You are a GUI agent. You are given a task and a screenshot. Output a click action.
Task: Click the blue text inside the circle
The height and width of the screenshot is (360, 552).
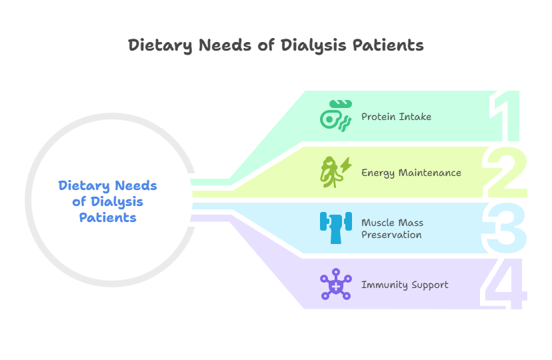click(107, 201)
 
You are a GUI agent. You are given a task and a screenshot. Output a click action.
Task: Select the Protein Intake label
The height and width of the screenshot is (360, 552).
click(396, 117)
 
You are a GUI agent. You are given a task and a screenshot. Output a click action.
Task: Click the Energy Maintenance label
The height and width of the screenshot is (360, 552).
click(411, 173)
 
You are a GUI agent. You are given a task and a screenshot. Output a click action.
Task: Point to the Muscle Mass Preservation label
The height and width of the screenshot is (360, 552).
click(392, 229)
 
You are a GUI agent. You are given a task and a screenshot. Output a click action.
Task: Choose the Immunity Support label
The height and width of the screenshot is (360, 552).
click(405, 285)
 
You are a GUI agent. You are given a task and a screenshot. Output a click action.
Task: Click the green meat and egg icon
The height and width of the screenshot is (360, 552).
click(335, 116)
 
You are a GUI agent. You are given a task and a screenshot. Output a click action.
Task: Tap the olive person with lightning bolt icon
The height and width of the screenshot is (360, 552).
click(335, 172)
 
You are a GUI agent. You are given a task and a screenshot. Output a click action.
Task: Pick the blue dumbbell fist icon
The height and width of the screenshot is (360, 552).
click(335, 228)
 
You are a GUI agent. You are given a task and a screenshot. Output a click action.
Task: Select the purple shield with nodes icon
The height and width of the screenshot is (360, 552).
click(335, 285)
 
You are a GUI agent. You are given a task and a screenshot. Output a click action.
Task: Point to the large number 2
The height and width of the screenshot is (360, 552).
click(505, 173)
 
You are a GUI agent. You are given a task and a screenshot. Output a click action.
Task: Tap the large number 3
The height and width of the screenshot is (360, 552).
click(505, 229)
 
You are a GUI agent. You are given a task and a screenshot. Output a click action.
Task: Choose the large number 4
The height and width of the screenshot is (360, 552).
click(505, 285)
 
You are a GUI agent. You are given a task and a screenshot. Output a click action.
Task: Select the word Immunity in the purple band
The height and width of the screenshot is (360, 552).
click(383, 285)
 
